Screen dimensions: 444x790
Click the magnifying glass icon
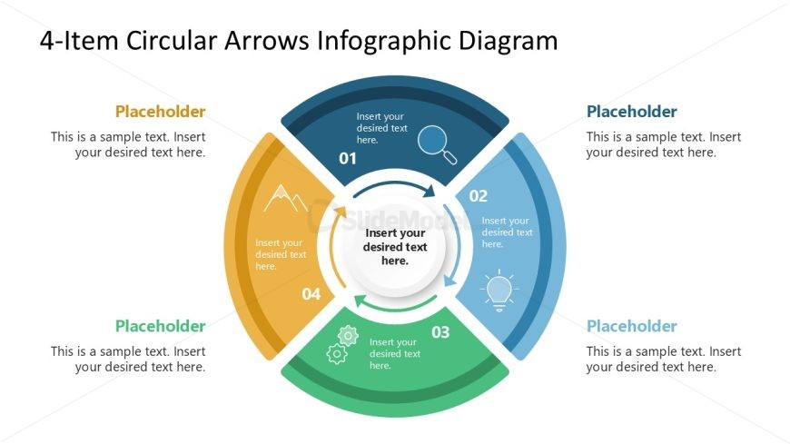point(436,143)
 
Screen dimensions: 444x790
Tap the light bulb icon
point(499,290)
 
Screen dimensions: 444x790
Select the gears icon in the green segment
point(342,344)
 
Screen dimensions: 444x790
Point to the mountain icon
point(286,197)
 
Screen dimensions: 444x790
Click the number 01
point(348,159)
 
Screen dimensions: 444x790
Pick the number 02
point(479,195)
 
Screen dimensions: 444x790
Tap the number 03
point(440,332)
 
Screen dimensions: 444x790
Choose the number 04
point(311,293)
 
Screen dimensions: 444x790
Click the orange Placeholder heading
point(160,112)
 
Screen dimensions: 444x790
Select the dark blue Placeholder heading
point(631,112)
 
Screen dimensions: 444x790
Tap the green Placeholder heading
point(160,326)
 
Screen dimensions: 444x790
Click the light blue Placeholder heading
point(631,326)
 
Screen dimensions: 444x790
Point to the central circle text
point(395,247)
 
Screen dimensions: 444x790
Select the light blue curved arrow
point(457,247)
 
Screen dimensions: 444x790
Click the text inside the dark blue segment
point(380,128)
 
